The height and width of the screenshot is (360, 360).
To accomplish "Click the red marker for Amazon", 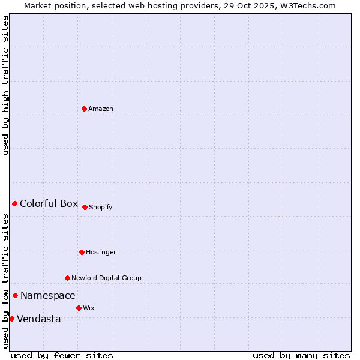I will (x=84, y=109).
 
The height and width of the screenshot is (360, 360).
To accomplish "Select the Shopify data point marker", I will (x=85, y=207).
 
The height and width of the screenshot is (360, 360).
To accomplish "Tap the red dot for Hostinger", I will (x=82, y=252).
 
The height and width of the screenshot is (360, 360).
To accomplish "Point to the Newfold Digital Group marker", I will (x=67, y=278).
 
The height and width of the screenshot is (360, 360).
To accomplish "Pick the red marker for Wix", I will (x=79, y=308).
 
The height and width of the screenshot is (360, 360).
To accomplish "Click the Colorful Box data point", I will (x=14, y=203).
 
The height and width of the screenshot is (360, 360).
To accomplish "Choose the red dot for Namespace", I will (x=15, y=295).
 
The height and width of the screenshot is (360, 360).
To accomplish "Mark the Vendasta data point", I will (x=11, y=319).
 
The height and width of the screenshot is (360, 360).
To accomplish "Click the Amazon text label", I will (x=101, y=109).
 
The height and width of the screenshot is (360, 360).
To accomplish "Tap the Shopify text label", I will (x=101, y=207).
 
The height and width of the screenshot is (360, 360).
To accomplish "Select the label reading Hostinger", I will (x=101, y=252).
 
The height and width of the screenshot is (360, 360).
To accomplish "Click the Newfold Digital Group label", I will (x=106, y=278).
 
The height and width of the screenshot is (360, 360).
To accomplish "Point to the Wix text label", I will (x=88, y=308).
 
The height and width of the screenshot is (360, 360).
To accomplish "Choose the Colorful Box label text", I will (x=49, y=203).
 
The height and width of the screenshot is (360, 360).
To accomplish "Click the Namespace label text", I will (x=48, y=295).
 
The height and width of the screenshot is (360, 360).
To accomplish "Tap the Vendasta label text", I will (x=39, y=319).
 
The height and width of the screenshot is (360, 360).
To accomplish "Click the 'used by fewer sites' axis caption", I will (x=62, y=355).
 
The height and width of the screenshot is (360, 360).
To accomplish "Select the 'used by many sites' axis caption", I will (x=301, y=355).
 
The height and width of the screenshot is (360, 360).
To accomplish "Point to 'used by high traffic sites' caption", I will (x=5, y=85).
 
